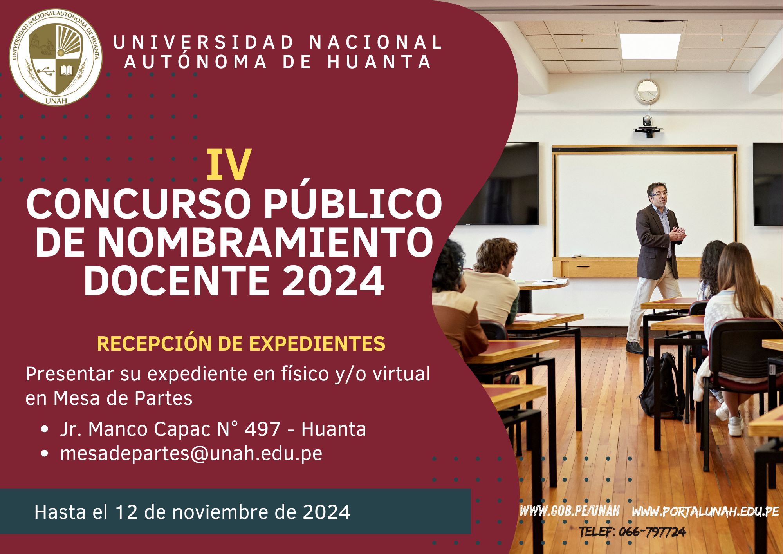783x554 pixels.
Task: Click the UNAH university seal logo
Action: point(56,57)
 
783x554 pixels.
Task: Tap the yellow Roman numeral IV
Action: point(229,165)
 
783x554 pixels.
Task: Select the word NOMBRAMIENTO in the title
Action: point(265,242)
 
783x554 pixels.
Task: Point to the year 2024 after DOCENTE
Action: point(333,281)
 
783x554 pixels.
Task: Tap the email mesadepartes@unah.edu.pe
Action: point(191,453)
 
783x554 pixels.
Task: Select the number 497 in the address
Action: point(262,429)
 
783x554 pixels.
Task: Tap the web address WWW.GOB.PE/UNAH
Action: point(570,511)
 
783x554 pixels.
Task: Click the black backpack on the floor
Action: point(662,385)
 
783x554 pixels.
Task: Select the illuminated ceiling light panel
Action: point(650,46)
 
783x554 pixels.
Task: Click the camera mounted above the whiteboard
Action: point(648,126)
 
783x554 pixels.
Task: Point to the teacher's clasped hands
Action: point(678,234)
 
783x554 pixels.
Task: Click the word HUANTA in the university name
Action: point(379,62)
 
